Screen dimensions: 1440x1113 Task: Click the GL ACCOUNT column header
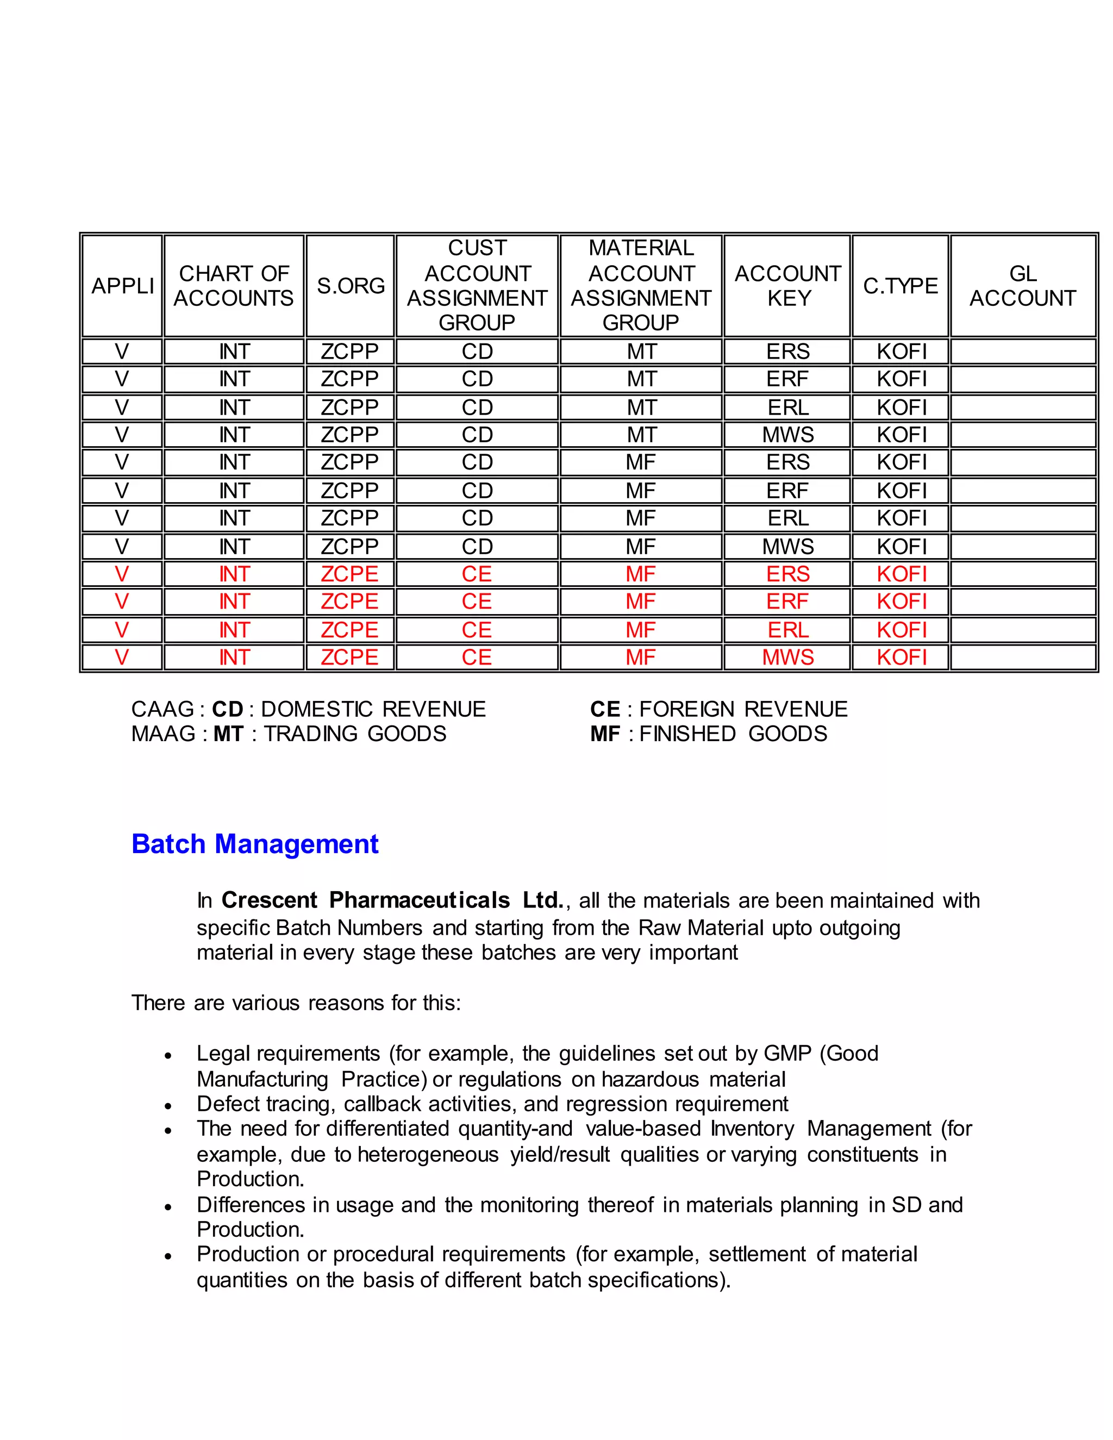click(x=1022, y=285)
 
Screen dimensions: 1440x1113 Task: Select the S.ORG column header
click(x=350, y=285)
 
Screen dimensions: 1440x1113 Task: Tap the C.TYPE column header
click(x=900, y=285)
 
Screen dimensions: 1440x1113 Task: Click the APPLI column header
click(x=122, y=285)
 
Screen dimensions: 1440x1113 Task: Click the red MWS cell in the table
click(x=787, y=658)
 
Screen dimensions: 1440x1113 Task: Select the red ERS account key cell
click(x=787, y=574)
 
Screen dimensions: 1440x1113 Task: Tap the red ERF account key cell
click(x=787, y=602)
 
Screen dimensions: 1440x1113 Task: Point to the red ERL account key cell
click(x=787, y=630)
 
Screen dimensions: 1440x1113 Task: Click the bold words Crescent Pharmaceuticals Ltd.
click(x=392, y=900)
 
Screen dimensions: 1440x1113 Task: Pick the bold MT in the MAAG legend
click(x=228, y=734)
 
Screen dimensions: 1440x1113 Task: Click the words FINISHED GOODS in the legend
click(x=733, y=734)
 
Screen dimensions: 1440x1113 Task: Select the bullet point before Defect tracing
click(x=168, y=1106)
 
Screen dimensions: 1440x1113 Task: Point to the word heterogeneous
click(x=428, y=1155)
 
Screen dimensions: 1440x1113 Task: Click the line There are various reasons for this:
click(x=296, y=1003)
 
